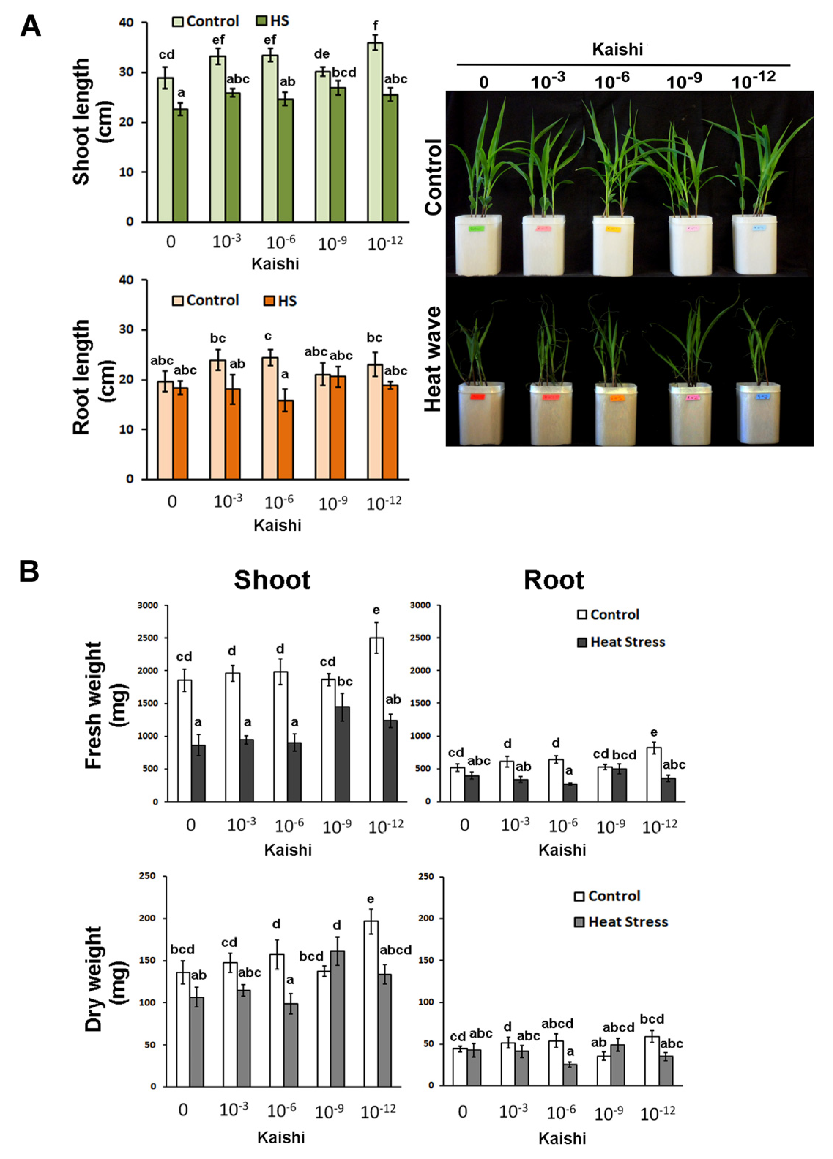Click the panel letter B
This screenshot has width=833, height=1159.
click(x=29, y=571)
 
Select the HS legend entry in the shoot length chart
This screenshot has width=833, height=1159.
click(x=272, y=21)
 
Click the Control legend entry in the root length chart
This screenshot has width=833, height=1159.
click(x=205, y=300)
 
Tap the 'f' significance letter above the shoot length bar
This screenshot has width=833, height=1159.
click(x=376, y=26)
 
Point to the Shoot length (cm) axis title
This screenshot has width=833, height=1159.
click(x=92, y=121)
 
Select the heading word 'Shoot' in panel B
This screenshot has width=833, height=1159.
click(x=272, y=580)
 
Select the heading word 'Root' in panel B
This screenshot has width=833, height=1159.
click(x=554, y=580)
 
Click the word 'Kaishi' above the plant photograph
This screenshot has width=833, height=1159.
click(x=617, y=49)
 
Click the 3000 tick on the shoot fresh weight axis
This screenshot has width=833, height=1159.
click(x=148, y=606)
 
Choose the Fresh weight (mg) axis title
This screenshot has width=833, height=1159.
click(x=104, y=705)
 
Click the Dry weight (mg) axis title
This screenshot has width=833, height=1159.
click(x=104, y=979)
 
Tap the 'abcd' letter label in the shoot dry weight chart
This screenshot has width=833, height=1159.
click(x=395, y=950)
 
